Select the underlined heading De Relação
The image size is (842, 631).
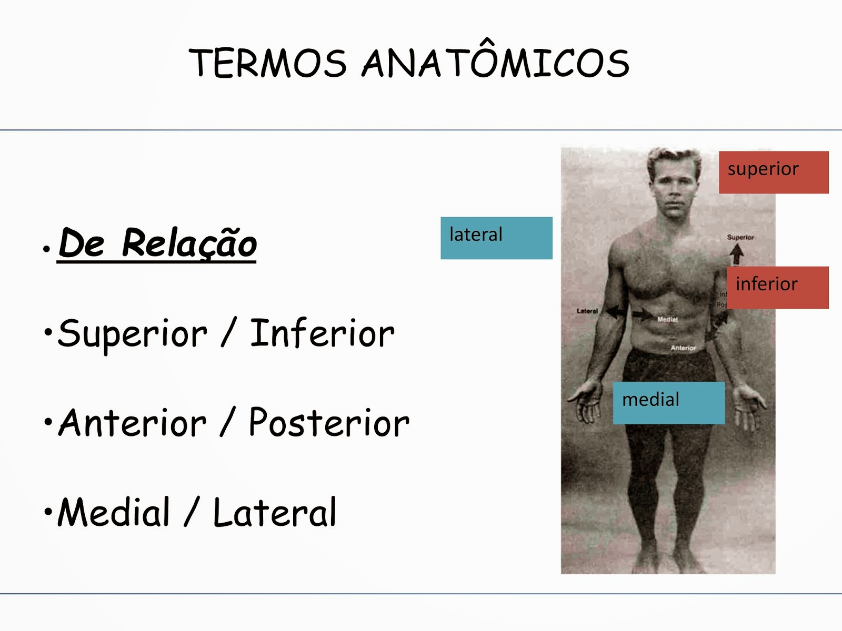pos(157,243)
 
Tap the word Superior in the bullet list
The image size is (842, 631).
pos(133,333)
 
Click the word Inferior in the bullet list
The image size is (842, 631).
pos(322,333)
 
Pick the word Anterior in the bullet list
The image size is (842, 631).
pos(133,423)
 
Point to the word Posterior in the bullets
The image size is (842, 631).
pos(329,423)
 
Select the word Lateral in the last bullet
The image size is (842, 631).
pos(274,512)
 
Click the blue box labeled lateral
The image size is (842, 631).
pos(496,238)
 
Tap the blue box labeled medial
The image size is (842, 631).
pos(668,403)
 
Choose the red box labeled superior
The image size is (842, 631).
pos(773,172)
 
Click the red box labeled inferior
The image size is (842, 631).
pos(777,287)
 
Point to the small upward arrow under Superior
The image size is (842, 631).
pos(737,254)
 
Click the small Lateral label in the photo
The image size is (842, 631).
pos(587,311)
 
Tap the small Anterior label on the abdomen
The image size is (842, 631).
pos(683,348)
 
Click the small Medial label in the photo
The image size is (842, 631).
pos(667,319)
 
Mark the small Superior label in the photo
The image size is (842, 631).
pos(740,237)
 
